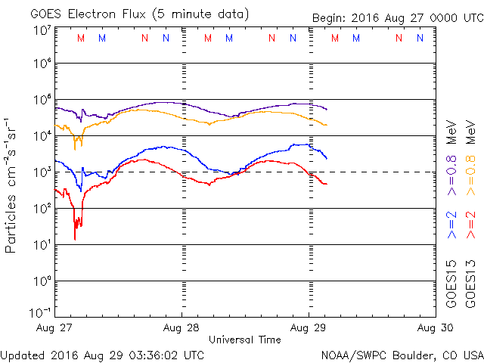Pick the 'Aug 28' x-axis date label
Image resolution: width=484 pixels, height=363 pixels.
(x=181, y=328)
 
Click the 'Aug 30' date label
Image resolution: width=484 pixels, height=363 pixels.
(x=433, y=328)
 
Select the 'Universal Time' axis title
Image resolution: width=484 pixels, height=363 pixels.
(x=244, y=340)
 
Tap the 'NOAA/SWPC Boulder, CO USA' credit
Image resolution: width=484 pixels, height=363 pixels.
(x=401, y=354)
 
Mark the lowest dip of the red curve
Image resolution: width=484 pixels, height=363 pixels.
(x=75, y=239)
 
